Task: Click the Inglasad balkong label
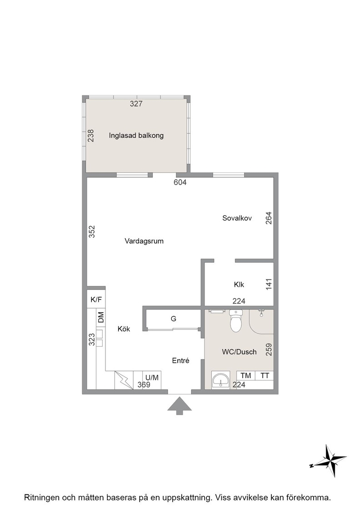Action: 136,135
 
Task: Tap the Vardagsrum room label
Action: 144,241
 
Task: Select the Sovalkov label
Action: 237,218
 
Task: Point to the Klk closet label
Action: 239,284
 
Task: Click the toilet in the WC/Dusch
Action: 236,320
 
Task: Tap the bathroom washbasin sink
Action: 221,380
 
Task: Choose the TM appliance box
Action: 246,375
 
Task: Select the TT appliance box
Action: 265,375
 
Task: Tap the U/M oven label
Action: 152,378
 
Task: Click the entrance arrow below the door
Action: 179,406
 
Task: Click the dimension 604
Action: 180,182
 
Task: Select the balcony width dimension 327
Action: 136,104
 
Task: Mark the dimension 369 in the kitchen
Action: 144,384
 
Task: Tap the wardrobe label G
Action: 174,319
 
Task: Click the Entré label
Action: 180,361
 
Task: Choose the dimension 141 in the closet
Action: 269,284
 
